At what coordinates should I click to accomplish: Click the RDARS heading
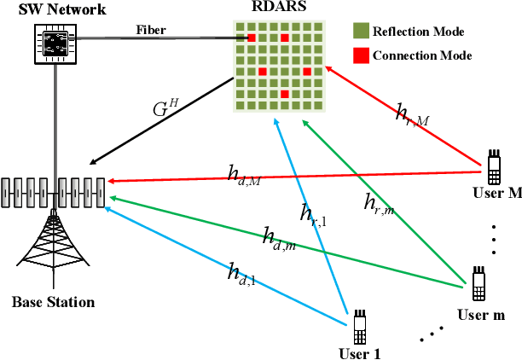278,9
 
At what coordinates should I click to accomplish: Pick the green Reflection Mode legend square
360,32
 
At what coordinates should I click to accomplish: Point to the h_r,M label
411,113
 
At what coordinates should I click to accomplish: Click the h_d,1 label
241,273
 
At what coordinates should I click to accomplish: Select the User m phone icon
479,282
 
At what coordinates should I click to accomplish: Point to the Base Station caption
53,303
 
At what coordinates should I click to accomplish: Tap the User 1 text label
360,352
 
